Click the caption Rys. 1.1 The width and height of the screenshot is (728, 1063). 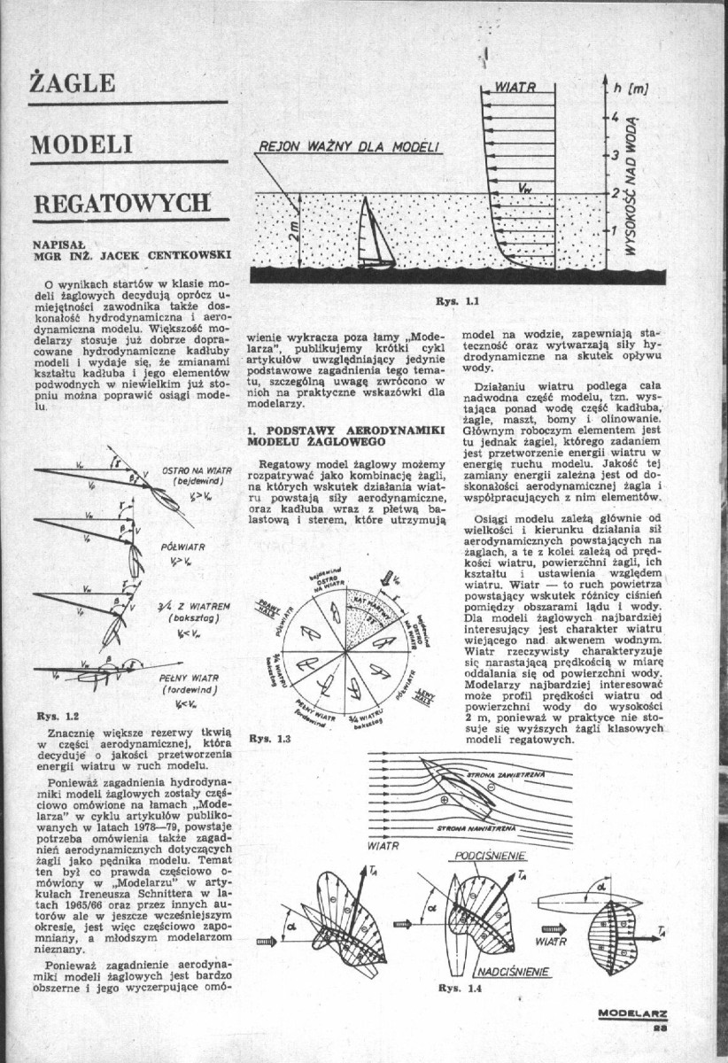457,300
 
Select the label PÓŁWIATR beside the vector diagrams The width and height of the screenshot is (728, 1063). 184,547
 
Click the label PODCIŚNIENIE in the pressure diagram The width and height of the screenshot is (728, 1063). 490,857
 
